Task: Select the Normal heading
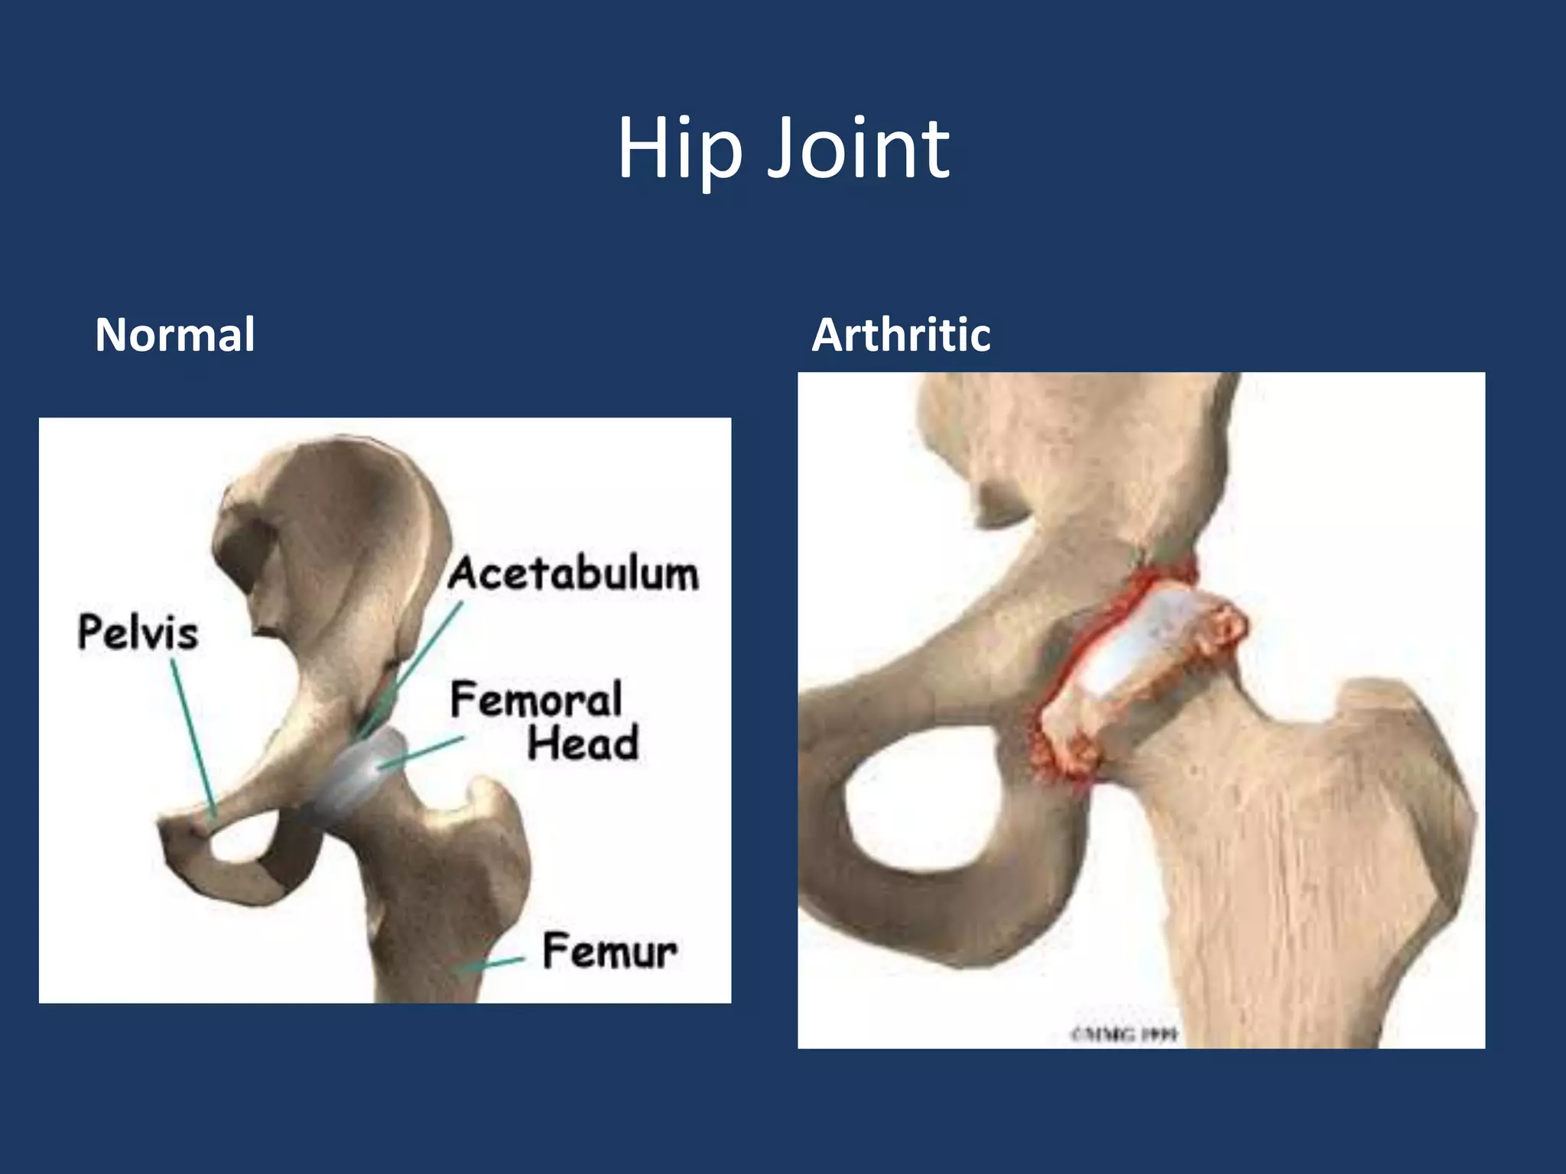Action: [174, 335]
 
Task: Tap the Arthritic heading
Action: [901, 335]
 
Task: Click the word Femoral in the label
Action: [536, 699]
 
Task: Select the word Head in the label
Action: [583, 743]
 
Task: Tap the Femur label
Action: [609, 951]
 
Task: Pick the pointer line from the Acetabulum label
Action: [413, 665]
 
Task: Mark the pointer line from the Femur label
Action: [493, 964]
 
